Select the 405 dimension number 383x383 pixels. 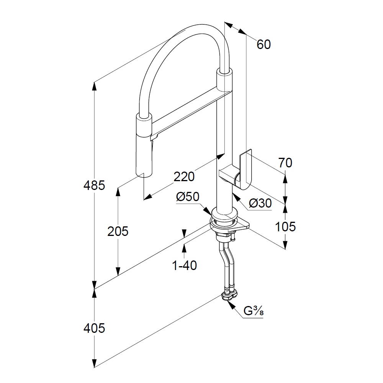(x=94, y=328)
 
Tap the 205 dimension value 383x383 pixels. (x=118, y=231)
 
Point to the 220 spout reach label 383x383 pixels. (x=184, y=176)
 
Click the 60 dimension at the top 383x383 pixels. (x=264, y=44)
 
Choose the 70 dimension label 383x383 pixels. (x=285, y=163)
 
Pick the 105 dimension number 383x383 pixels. (x=285, y=227)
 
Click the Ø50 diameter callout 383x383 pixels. (x=188, y=197)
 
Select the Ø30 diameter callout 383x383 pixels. (x=260, y=203)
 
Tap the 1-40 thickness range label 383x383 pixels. (x=185, y=265)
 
